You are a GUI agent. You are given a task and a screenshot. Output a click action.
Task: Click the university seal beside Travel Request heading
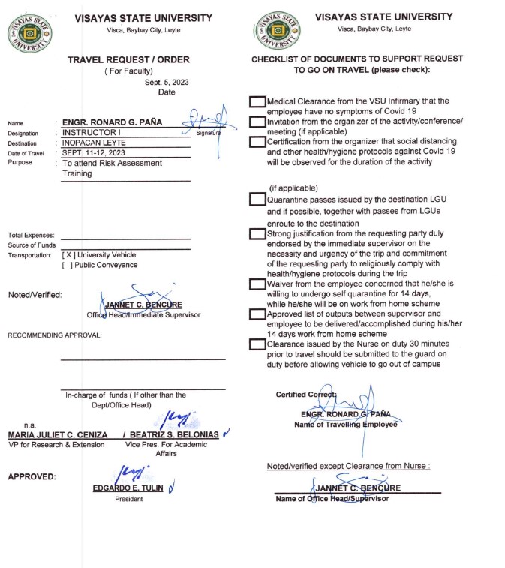pos(30,33)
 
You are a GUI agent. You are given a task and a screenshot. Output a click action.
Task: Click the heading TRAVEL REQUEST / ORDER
pos(128,59)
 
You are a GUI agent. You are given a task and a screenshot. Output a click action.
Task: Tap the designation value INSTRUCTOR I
pos(89,132)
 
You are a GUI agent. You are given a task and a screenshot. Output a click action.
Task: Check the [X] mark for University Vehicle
pos(68,255)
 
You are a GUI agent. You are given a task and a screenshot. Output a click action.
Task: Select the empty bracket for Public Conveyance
pos(68,265)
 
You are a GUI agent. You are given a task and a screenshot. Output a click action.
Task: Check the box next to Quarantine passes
pos(257,200)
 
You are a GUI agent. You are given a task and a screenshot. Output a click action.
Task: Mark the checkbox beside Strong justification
pos(257,234)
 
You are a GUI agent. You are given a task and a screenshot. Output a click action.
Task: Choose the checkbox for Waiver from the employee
pos(257,284)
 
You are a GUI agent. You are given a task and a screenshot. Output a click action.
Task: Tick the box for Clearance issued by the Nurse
pos(257,344)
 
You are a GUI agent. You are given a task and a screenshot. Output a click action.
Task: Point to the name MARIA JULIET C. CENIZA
pos(56,435)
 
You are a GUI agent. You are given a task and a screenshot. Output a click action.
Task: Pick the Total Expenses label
pos(30,236)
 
